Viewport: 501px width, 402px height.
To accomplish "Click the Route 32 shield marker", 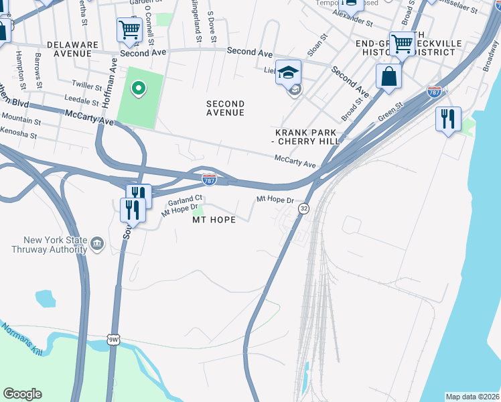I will coord(304,209).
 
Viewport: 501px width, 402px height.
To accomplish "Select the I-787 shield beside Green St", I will coord(434,90).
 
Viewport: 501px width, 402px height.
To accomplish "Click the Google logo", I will coord(22,394).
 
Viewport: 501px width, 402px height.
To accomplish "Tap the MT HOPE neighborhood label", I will coord(214,220).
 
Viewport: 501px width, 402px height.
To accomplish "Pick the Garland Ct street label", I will coord(185,200).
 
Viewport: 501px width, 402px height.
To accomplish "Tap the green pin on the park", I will coord(139,88).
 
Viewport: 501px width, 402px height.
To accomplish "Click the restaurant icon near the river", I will coord(447,120).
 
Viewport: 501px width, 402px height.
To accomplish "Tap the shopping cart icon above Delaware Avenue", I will coord(129,29).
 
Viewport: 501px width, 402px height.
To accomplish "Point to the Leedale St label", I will coord(81,98).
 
